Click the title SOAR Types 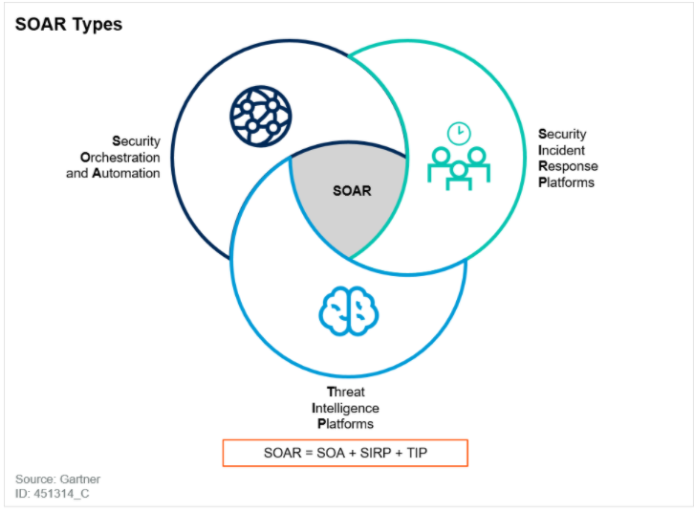(69, 24)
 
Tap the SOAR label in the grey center (352, 190)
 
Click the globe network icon (260, 115)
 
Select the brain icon (348, 310)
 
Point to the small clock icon (460, 132)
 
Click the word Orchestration (120, 157)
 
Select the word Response (568, 166)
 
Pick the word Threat (345, 392)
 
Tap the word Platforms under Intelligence (345, 423)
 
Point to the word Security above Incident (563, 134)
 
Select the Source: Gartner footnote (57, 479)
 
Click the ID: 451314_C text (53, 494)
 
